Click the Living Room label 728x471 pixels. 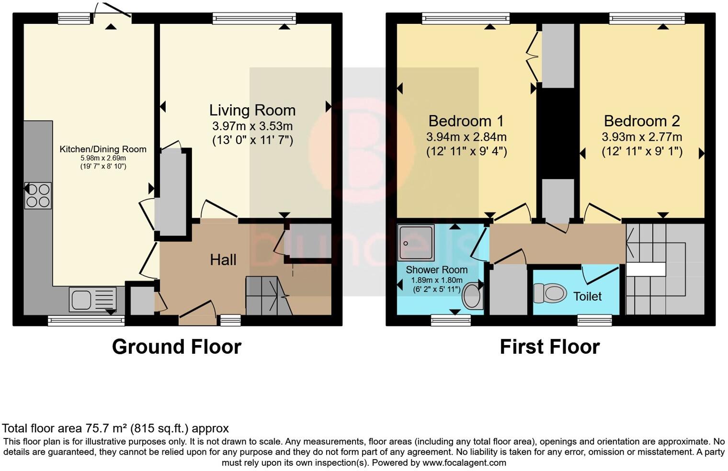click(x=252, y=110)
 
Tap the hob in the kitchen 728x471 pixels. click(x=38, y=195)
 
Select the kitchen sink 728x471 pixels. click(x=92, y=300)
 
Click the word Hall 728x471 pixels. click(x=223, y=260)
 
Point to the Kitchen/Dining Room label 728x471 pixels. click(x=102, y=149)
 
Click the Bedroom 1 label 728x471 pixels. click(x=466, y=121)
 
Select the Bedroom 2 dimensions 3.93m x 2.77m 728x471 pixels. click(x=642, y=137)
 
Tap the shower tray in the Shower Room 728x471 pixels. click(x=415, y=243)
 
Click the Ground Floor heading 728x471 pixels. click(x=176, y=347)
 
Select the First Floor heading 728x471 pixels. click(x=549, y=347)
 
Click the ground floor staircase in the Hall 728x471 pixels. click(x=268, y=296)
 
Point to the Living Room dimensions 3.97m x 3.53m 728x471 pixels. click(x=252, y=126)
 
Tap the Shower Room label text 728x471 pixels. click(x=436, y=270)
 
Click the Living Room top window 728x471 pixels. click(x=254, y=19)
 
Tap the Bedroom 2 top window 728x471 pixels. click(x=647, y=19)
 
